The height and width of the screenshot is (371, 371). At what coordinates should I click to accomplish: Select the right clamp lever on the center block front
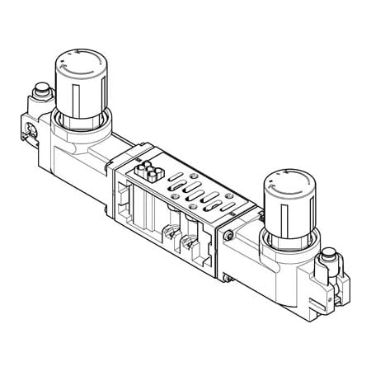pyautogui.click(x=191, y=247)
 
